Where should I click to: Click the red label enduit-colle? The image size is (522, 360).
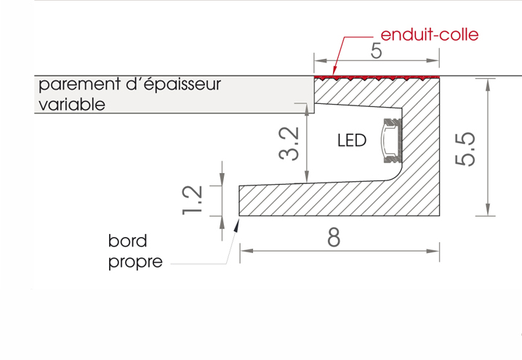(430, 34)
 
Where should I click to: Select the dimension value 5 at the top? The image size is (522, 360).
(376, 51)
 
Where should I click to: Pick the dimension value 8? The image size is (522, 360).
(333, 238)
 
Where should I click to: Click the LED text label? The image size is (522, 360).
(352, 140)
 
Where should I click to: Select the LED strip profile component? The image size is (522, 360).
(391, 139)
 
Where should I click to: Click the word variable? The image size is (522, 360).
(71, 104)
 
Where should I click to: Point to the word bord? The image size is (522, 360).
(127, 241)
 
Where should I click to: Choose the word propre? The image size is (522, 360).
(135, 262)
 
